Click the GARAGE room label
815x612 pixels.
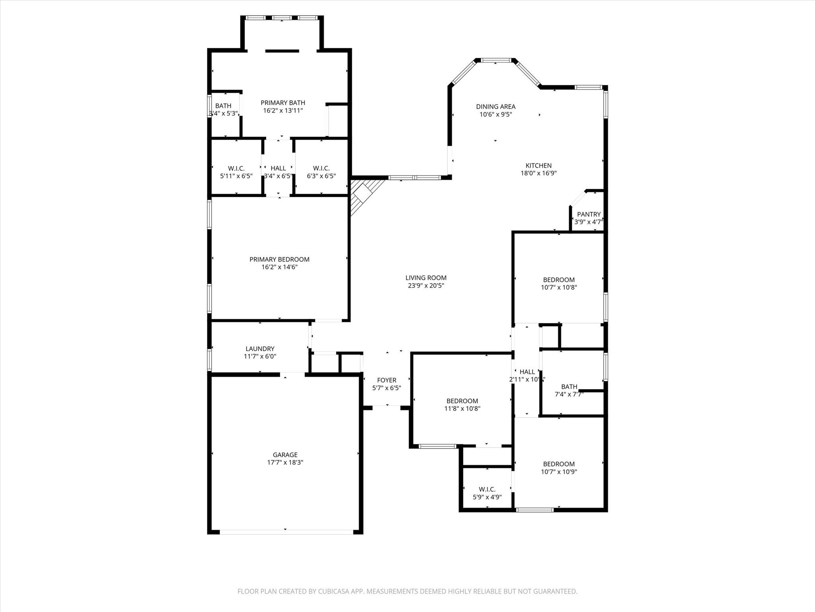coord(285,455)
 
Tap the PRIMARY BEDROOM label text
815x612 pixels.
coord(279,259)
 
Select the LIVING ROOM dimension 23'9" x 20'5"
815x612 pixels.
coord(426,286)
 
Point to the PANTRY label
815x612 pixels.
coord(589,214)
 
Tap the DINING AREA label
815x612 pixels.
coord(495,106)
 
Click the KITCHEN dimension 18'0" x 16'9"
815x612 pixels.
coord(538,173)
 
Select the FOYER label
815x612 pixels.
coord(386,380)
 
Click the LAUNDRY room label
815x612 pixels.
coord(260,349)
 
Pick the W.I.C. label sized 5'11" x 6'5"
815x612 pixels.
coord(236,169)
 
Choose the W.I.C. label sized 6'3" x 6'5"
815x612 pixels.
coord(321,169)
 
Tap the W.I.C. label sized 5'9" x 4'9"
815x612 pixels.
coord(487,489)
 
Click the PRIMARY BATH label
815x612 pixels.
coord(283,103)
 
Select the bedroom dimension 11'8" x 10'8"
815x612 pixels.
coord(462,408)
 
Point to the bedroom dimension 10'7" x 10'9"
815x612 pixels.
coord(559,472)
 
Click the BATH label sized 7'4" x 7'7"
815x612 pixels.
coord(569,386)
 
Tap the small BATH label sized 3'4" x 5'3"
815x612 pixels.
coord(223,106)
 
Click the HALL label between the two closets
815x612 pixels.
coord(278,169)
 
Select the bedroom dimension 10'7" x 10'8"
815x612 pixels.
coord(559,287)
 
